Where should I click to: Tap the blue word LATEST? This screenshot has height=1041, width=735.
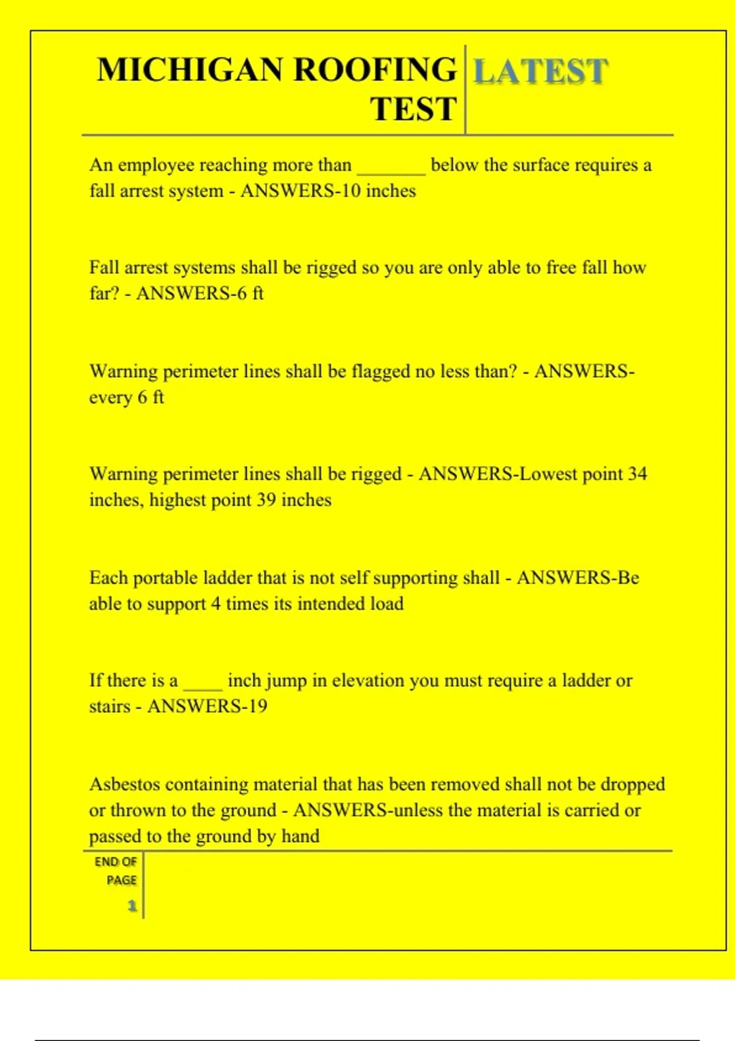[540, 71]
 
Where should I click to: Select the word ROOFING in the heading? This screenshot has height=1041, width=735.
[375, 70]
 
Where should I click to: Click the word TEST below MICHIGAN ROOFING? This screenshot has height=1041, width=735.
[413, 110]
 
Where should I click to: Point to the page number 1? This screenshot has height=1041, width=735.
[132, 906]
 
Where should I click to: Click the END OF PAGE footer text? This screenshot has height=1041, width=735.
[116, 871]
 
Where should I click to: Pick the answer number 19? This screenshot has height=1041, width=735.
[257, 707]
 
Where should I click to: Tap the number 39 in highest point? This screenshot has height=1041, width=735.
[266, 500]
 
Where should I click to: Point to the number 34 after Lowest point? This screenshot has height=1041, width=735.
[638, 474]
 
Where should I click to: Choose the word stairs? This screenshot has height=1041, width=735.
[110, 707]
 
